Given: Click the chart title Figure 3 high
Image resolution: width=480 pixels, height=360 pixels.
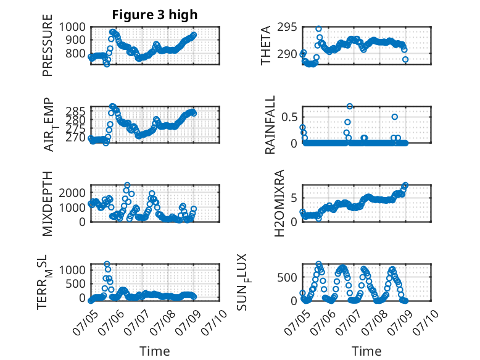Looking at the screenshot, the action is pos(155,15).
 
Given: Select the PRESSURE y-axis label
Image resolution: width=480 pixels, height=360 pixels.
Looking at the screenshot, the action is pos(48,45).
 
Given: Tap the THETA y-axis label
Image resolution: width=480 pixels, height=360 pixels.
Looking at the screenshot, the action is pos(266,45).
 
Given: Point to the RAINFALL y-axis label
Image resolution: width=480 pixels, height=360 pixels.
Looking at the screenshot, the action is pos(270,125).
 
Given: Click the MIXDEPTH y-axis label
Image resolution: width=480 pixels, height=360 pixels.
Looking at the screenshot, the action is pos(48,203).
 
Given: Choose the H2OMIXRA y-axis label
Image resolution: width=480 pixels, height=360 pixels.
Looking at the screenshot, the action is pos(279,203).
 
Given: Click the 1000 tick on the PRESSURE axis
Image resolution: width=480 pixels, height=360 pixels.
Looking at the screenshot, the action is pos(72,27).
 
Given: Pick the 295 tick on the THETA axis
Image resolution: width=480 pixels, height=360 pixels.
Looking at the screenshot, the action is pos(287,27).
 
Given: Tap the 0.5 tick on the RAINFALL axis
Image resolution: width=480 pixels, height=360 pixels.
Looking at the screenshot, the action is pos(289,117).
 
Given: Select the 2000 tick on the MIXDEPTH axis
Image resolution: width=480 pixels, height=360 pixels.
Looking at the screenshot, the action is pos(72,193).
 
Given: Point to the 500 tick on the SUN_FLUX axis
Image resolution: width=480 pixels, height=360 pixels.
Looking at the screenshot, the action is pos(287,278).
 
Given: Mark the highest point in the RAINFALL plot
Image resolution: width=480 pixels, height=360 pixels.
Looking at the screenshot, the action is pos(350,106).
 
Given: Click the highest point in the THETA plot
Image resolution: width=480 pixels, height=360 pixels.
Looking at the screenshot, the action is pos(319,29).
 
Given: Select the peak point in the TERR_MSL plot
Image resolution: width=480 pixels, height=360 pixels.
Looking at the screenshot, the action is pos(107,264).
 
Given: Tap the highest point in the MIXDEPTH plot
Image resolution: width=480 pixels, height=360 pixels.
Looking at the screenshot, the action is pos(127,185).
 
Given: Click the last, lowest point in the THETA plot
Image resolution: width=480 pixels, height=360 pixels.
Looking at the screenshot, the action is pos(405,59).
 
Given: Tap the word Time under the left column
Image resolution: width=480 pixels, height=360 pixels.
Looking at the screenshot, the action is pos(155,351).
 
